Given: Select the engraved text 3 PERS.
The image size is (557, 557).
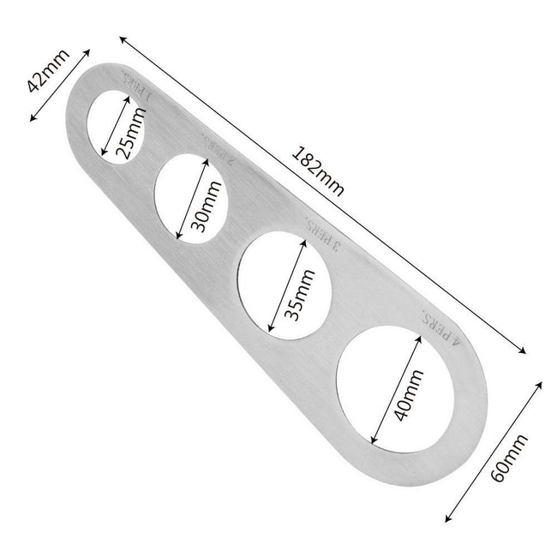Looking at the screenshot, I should click(325, 236).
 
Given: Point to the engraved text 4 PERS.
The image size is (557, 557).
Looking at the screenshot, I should click(442, 324).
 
